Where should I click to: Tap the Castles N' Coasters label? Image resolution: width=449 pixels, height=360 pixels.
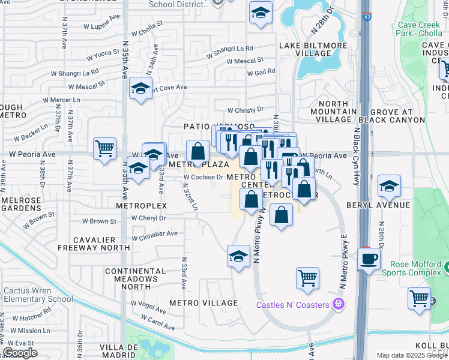click(293, 305)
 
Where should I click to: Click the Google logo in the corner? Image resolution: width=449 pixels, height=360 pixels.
click(20, 352)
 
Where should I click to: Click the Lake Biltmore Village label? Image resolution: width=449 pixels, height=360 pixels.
click(305, 49)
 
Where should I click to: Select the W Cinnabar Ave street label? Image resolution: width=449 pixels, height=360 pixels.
click(155, 233)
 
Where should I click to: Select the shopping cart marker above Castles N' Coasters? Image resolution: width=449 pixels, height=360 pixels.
click(307, 278)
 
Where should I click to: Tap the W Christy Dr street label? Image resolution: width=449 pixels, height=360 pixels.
click(245, 110)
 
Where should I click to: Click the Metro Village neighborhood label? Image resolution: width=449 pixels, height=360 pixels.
click(203, 302)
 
